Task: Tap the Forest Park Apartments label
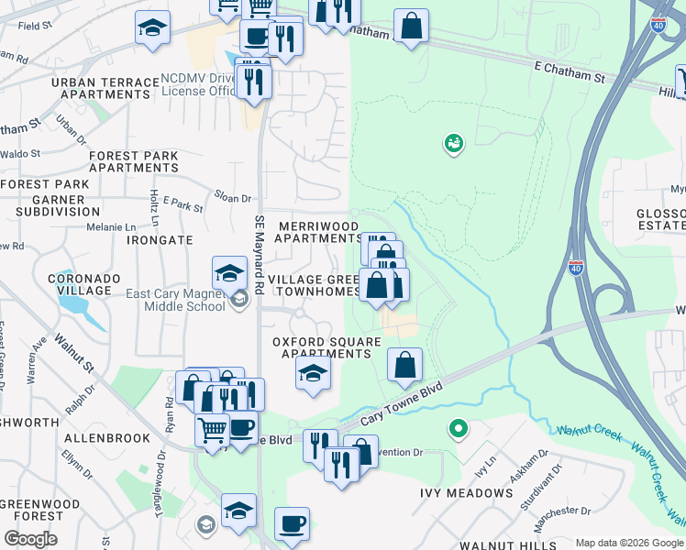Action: coord(134,162)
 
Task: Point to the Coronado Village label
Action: coord(85,284)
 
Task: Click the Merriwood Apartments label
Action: coord(317,231)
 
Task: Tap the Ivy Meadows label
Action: coord(466,492)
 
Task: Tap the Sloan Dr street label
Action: coord(232,198)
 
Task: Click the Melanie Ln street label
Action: coord(110,226)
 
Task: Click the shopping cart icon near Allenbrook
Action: coord(213,428)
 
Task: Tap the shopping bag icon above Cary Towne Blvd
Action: coord(404,364)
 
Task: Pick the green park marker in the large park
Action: coord(453,142)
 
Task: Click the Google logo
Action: coord(30,539)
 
